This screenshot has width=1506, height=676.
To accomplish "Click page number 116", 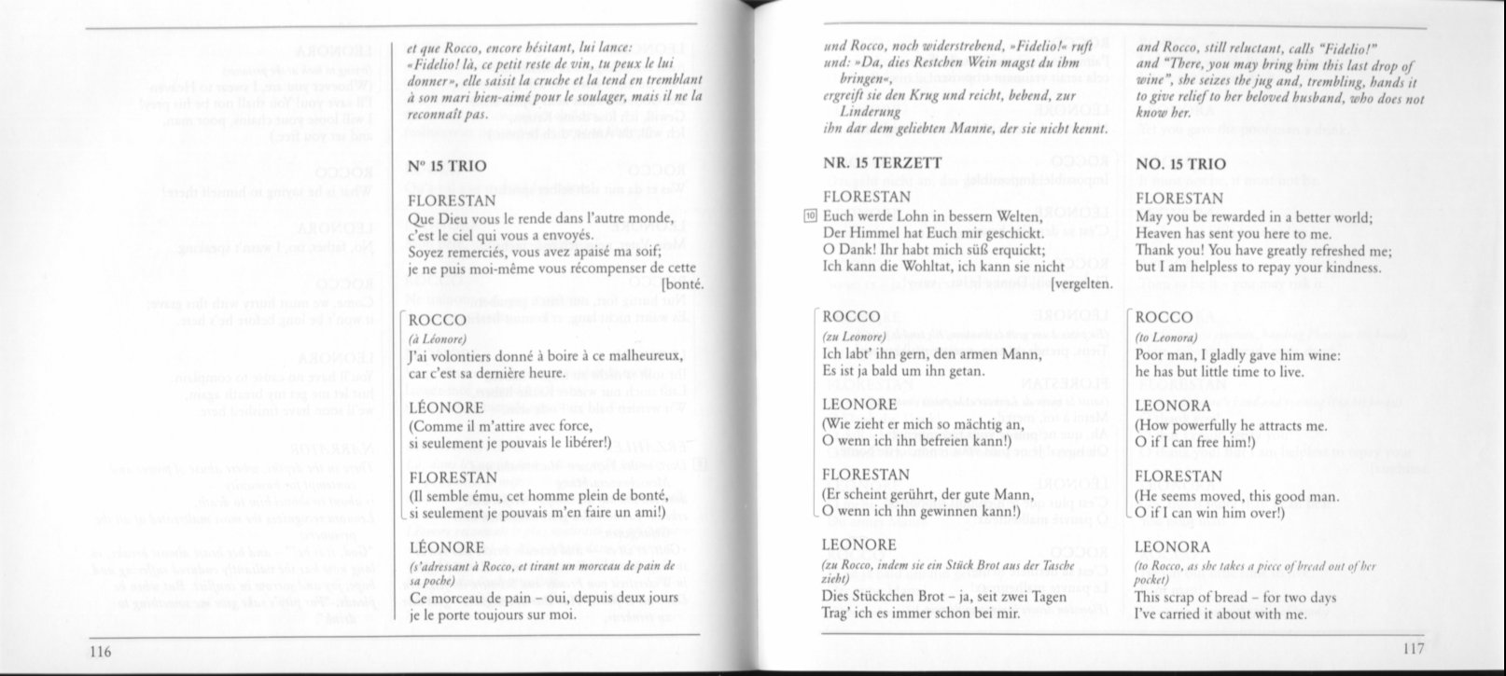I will pyautogui.click(x=101, y=649).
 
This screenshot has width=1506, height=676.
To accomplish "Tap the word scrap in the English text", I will pyautogui.click(x=1185, y=597).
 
